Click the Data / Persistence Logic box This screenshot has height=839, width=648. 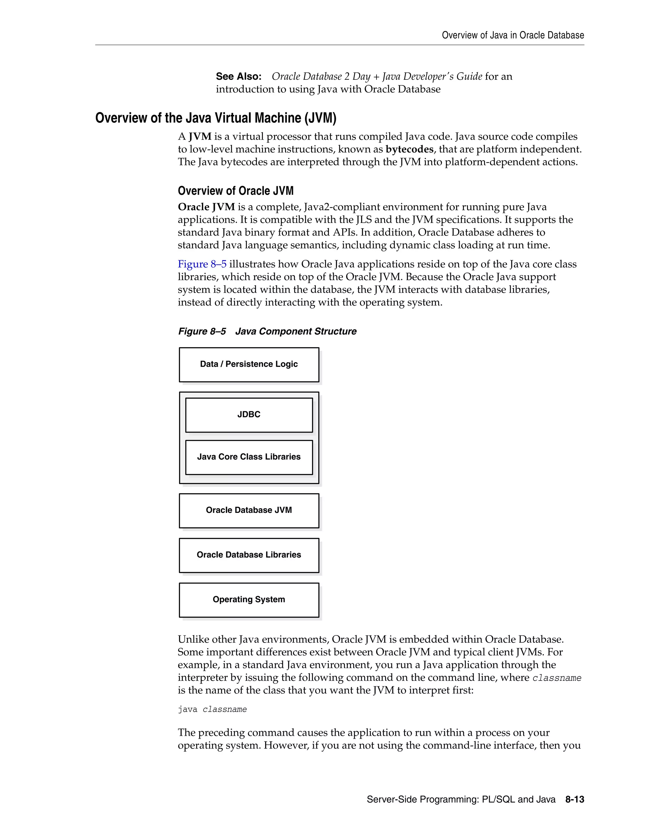click(249, 364)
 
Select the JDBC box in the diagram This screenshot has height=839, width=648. click(249, 414)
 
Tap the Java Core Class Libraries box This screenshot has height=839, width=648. click(249, 457)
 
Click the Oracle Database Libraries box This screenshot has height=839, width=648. click(249, 555)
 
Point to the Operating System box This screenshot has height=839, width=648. click(249, 599)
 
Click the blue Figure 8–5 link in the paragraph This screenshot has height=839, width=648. click(202, 264)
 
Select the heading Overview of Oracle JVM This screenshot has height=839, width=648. click(235, 191)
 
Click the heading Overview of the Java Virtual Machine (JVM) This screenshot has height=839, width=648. click(215, 118)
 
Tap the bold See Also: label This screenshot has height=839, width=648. click(238, 76)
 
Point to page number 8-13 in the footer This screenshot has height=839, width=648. click(574, 799)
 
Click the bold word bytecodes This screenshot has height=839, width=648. click(409, 149)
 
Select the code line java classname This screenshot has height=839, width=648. click(212, 710)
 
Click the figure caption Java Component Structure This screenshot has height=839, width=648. click(296, 331)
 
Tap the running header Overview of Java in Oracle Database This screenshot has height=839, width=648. click(513, 35)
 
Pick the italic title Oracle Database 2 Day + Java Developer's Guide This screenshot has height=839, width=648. click(377, 76)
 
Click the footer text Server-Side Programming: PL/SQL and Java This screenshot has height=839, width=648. click(461, 799)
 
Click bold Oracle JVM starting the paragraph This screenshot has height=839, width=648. click(206, 207)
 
